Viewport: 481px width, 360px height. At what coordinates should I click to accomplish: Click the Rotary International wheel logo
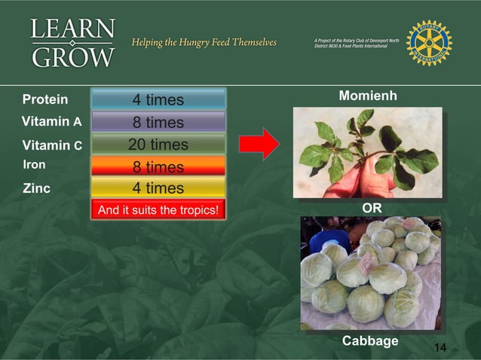(428, 42)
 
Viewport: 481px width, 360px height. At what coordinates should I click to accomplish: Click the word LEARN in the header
(73, 30)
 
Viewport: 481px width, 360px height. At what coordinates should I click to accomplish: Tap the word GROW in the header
(73, 56)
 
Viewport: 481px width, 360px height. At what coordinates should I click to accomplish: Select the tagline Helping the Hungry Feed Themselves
(204, 41)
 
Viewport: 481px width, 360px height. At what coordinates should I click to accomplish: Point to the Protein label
(44, 99)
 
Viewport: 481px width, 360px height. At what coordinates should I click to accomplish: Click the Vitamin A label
(51, 121)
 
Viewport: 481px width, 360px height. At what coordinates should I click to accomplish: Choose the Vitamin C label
(52, 145)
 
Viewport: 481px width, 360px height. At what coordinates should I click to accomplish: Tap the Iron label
(34, 164)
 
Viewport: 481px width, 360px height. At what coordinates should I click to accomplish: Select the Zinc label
(36, 188)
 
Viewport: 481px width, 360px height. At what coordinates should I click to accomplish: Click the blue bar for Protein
(158, 99)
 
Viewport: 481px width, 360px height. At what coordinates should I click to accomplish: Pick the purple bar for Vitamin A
(158, 122)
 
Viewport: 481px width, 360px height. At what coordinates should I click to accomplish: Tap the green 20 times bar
(158, 144)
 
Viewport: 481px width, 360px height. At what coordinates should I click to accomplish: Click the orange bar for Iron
(158, 166)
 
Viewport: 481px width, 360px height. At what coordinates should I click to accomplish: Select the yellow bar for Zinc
(158, 188)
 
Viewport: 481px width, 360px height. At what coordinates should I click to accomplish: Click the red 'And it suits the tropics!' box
(158, 209)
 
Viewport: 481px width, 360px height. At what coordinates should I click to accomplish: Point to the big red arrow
(260, 142)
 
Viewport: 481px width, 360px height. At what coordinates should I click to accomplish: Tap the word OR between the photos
(372, 206)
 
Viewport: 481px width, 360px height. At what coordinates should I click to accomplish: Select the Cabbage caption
(370, 341)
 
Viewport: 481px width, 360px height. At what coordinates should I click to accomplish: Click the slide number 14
(440, 347)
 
